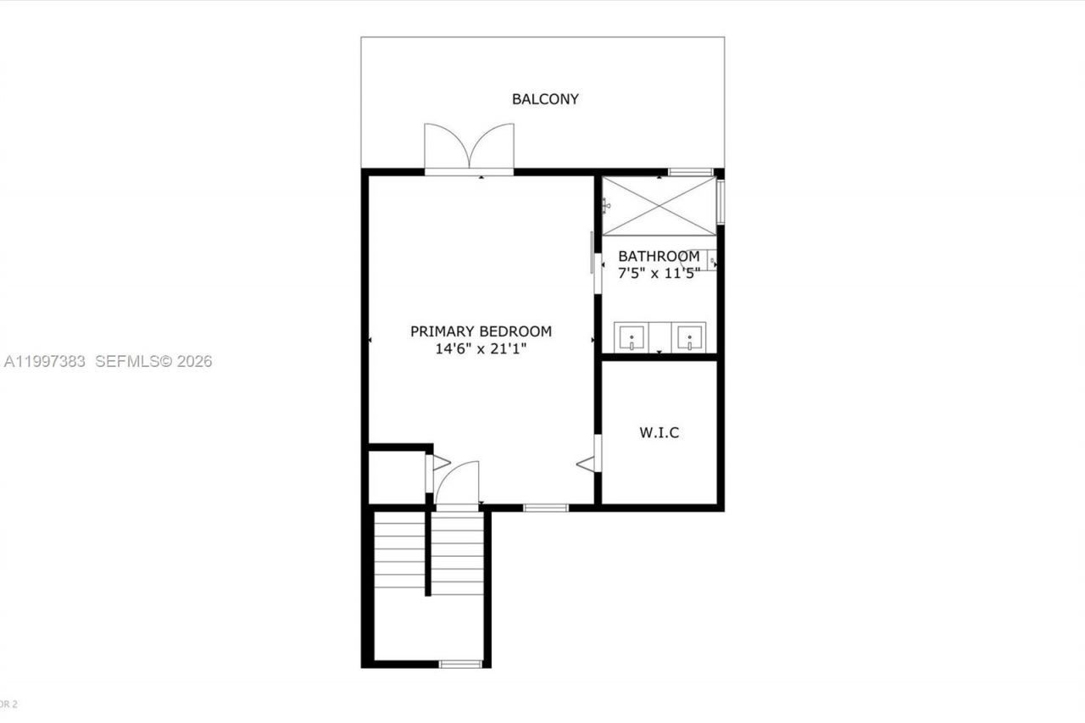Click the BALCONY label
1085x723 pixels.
coord(545,99)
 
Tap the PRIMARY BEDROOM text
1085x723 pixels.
coord(481,331)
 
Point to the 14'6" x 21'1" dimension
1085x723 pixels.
coord(481,348)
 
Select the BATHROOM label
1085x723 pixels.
coord(659,256)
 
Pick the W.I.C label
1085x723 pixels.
coord(659,433)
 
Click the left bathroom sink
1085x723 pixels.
coord(632,337)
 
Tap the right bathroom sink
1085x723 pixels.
coord(689,337)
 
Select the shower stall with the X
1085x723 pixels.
coord(659,206)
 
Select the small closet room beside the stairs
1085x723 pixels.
coord(396,476)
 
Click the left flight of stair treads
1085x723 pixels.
coord(400,555)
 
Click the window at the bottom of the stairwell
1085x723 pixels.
coord(460,664)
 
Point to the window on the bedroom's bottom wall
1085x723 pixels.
coord(545,508)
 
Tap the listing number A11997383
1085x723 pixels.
coord(45,362)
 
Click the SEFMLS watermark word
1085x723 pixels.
coord(127,362)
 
